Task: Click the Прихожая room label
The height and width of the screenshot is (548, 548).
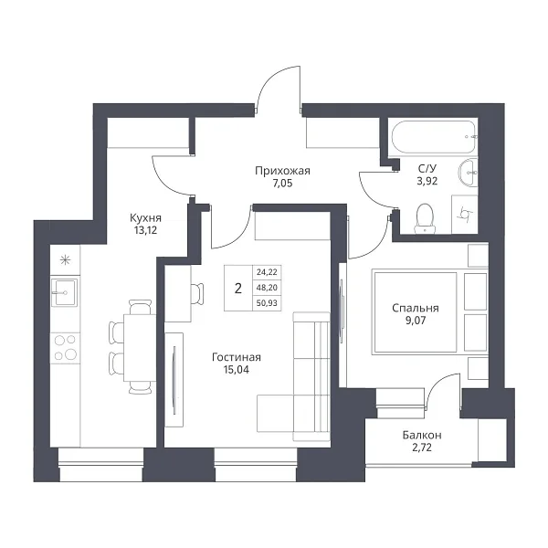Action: (x=282, y=171)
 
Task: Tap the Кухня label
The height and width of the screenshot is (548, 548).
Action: (x=145, y=218)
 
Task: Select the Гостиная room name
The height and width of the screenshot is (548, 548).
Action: (x=237, y=357)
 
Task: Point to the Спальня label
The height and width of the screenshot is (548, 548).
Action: (x=416, y=308)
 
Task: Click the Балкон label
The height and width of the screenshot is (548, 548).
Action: (x=422, y=435)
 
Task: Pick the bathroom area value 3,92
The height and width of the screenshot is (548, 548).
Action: (x=427, y=181)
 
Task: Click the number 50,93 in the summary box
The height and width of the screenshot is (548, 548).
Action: (x=267, y=303)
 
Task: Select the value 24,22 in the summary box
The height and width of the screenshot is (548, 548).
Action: (x=267, y=271)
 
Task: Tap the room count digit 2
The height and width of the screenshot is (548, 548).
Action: (x=238, y=289)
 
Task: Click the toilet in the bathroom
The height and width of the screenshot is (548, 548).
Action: (x=425, y=219)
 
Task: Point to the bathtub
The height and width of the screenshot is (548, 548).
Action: (x=434, y=137)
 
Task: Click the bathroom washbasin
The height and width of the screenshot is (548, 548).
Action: (x=468, y=173)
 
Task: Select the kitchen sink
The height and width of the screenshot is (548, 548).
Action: (x=65, y=292)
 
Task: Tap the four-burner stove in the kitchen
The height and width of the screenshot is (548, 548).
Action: (x=65, y=348)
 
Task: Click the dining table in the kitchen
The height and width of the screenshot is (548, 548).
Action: (x=140, y=347)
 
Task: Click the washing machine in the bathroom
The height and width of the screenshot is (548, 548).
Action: (x=465, y=215)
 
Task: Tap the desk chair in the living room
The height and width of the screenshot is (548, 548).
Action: (x=197, y=294)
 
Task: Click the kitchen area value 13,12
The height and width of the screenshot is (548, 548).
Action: (x=145, y=230)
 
